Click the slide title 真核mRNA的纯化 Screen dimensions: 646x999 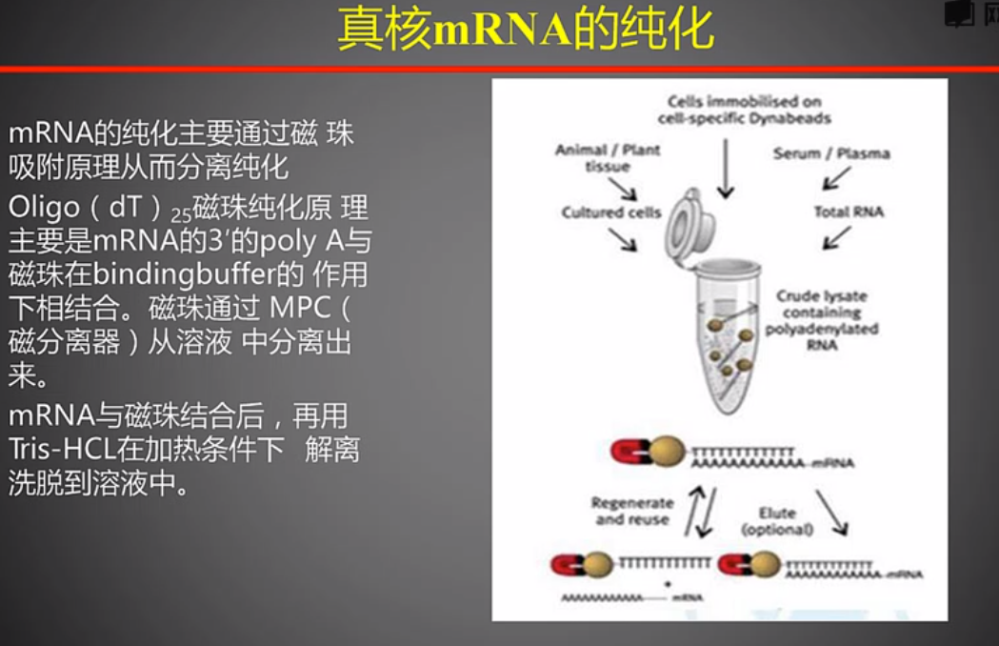click(526, 31)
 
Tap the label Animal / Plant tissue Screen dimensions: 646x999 click(608, 158)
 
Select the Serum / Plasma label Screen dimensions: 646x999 click(831, 153)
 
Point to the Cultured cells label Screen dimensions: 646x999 click(610, 212)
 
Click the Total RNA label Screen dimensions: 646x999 click(849, 212)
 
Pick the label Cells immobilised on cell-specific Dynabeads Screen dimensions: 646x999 click(744, 110)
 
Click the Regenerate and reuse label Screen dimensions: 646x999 click(631, 511)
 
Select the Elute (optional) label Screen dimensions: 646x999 click(777, 520)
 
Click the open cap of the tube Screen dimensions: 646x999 click(689, 226)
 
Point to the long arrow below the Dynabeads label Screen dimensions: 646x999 click(726, 168)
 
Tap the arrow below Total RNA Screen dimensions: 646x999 click(835, 237)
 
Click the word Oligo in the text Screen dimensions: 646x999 click(37, 207)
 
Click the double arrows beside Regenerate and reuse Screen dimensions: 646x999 click(703, 513)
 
